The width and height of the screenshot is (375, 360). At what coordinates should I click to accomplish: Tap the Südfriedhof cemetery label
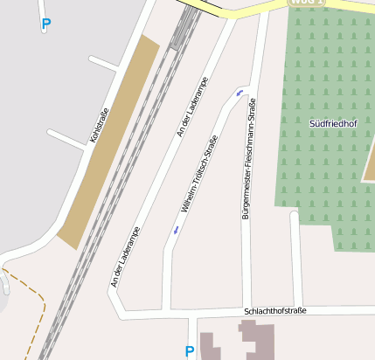333,124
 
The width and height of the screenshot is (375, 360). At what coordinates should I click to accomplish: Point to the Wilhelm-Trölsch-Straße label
198,176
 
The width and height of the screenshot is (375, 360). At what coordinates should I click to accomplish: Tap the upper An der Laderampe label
192,107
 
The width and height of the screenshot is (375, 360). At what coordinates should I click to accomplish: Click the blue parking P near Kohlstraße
45,24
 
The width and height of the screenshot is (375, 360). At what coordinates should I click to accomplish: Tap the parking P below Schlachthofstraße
190,351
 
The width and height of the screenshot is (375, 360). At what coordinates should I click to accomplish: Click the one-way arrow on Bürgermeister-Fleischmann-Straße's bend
240,92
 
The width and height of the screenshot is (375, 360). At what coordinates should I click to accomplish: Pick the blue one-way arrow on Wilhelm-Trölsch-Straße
176,230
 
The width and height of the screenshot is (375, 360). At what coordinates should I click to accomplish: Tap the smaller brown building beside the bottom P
211,346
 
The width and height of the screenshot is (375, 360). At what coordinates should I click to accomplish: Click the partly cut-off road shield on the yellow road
307,3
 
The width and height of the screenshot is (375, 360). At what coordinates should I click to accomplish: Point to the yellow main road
253,10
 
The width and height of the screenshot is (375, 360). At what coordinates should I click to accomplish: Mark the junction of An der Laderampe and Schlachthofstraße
120,314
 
